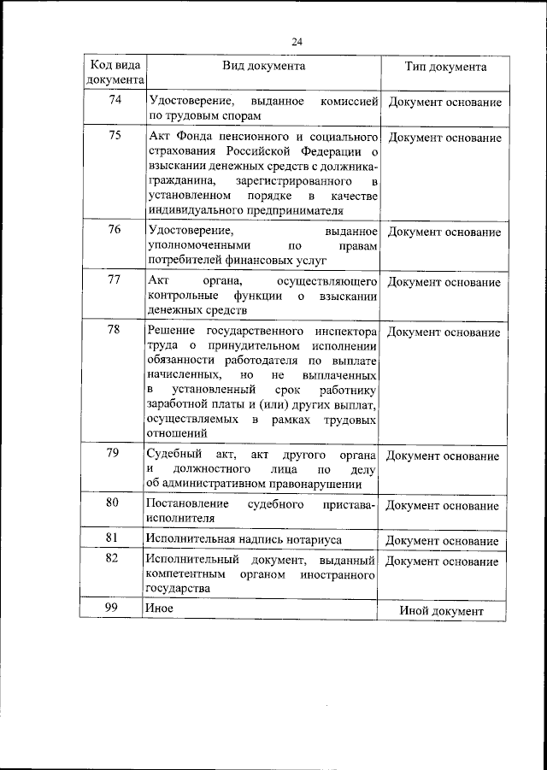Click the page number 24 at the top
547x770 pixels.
tap(297, 42)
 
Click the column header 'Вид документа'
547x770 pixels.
tap(263, 66)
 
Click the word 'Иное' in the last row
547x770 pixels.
tap(160, 608)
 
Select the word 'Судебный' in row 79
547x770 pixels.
tap(173, 454)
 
